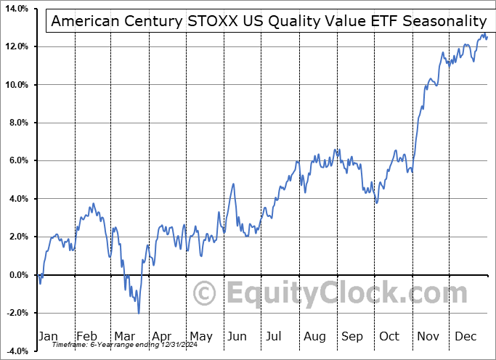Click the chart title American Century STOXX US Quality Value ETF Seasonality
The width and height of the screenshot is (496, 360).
point(268,22)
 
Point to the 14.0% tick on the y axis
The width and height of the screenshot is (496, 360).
point(16,9)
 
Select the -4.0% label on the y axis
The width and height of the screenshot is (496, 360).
point(16,351)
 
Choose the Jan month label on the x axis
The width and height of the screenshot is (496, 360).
point(49,336)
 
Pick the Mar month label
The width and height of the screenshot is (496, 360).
point(124,336)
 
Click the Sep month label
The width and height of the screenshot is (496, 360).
point(352,336)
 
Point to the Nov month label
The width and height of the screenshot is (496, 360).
point(428,336)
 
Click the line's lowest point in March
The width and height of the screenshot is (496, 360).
point(139,313)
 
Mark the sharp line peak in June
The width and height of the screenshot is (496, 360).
point(233,184)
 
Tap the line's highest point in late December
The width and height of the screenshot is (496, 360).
point(484,33)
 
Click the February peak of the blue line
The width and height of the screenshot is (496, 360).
point(93,204)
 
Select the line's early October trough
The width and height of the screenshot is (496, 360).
point(376,202)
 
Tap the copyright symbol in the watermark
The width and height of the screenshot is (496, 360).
point(206,294)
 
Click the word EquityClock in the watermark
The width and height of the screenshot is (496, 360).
point(312,294)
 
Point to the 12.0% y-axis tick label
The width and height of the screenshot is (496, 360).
point(16,46)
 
